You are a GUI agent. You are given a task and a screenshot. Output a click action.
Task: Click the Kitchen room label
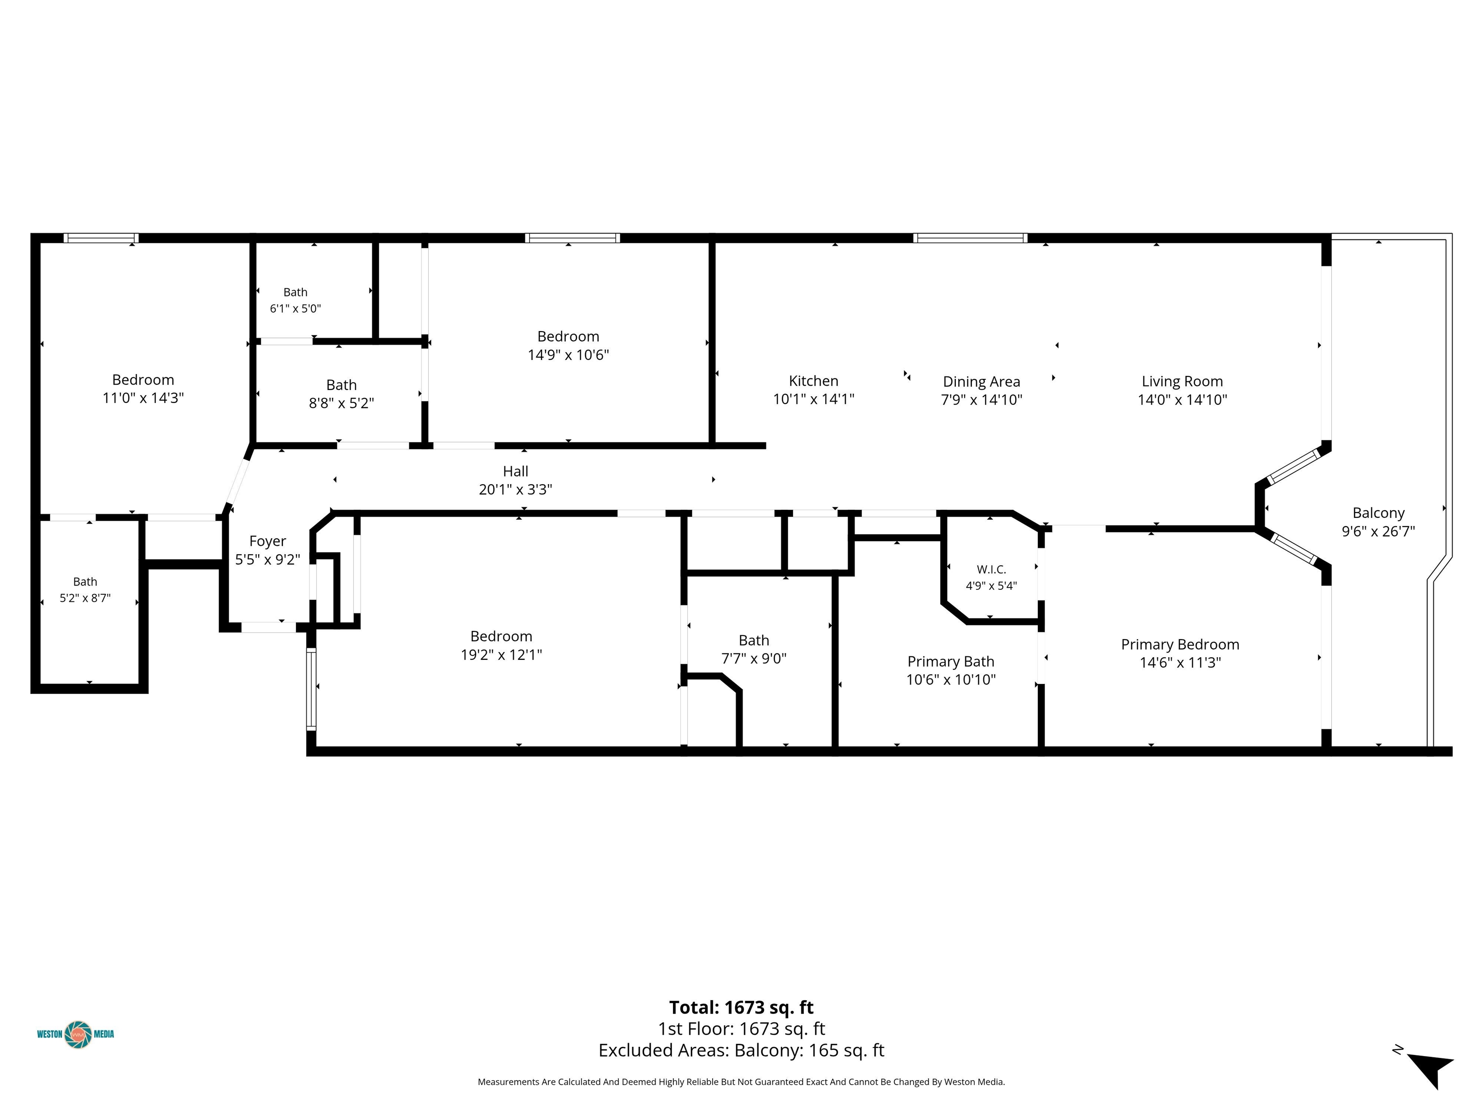click(x=813, y=381)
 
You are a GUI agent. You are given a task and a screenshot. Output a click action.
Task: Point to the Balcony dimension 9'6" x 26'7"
click(x=1378, y=531)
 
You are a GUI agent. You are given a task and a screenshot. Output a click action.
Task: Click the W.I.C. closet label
click(x=991, y=570)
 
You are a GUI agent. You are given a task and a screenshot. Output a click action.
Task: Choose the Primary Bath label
click(x=951, y=662)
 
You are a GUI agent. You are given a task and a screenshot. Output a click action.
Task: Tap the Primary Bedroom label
click(x=1180, y=645)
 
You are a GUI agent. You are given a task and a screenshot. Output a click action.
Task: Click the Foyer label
click(x=267, y=542)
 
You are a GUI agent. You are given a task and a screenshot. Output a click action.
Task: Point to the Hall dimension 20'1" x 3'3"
click(x=515, y=490)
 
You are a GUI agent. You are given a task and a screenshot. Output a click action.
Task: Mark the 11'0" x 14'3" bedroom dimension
click(x=143, y=398)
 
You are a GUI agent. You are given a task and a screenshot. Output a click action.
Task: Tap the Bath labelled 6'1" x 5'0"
click(x=295, y=292)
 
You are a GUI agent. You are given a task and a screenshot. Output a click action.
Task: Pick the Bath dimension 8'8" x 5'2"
click(x=341, y=403)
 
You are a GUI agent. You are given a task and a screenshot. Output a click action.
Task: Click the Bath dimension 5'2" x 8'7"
click(x=85, y=598)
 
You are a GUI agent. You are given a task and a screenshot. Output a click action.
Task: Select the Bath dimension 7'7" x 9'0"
click(x=754, y=659)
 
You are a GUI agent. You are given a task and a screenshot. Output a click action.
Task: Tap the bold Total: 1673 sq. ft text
click(x=741, y=1007)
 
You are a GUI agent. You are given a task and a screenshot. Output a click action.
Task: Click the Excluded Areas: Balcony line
click(x=741, y=1050)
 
